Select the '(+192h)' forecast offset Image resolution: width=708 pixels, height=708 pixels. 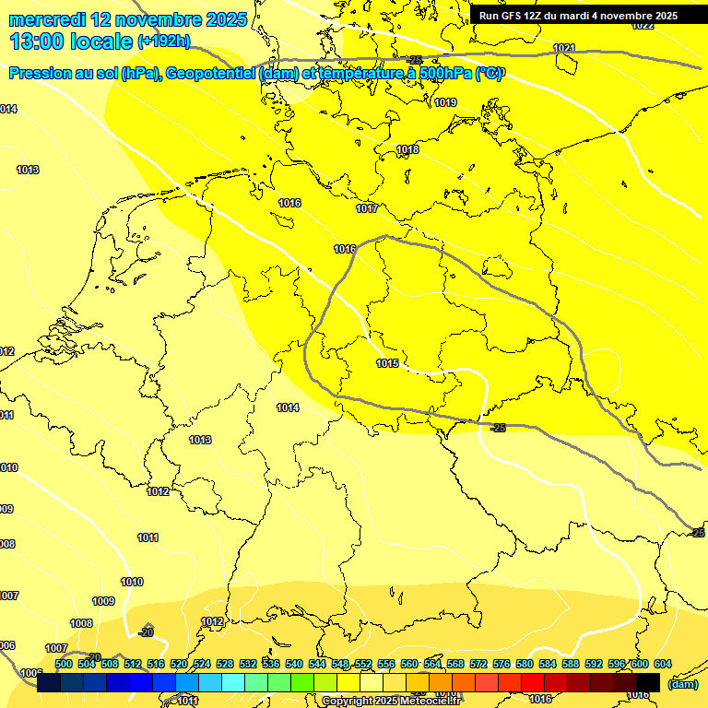[x=164, y=41]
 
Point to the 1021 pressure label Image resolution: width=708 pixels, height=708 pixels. [x=564, y=48]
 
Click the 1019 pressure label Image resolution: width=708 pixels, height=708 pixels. [x=445, y=102]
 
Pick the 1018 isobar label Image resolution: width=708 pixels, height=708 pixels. [x=407, y=149]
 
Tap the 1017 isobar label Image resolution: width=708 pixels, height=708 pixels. [x=367, y=208]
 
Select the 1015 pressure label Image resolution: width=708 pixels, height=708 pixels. [x=387, y=363]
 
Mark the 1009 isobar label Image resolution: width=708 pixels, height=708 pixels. [x=103, y=601]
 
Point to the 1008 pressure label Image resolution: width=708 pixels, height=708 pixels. [x=81, y=623]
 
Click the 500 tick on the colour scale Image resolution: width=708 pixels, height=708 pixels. [x=64, y=664]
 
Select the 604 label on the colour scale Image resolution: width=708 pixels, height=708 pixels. [x=662, y=664]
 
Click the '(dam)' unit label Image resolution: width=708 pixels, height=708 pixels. [x=682, y=684]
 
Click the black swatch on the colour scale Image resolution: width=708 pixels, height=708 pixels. [x=648, y=682]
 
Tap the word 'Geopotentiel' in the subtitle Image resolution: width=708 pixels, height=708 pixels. [x=207, y=74]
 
